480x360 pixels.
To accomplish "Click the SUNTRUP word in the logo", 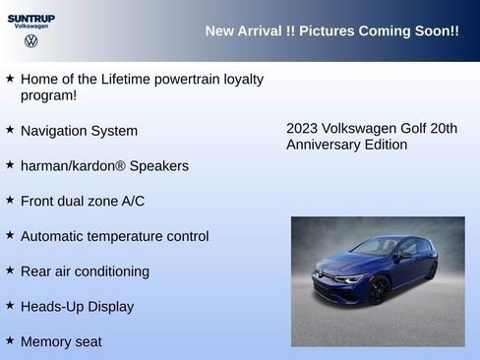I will click(31, 18).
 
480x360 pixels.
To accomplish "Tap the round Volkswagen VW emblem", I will click(31, 41).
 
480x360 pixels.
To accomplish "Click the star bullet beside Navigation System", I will click(10, 129).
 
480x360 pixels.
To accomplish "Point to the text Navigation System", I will click(79, 131).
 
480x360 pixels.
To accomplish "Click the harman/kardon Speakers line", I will click(104, 166).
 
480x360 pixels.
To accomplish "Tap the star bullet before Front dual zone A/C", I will click(10, 200).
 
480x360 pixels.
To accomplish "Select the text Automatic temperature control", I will click(114, 236).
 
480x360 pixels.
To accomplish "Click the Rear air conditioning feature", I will click(85, 271).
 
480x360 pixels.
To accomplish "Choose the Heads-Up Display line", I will click(77, 307).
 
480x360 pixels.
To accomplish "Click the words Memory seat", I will click(61, 342).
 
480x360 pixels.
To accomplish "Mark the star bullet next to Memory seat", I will click(10, 340).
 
